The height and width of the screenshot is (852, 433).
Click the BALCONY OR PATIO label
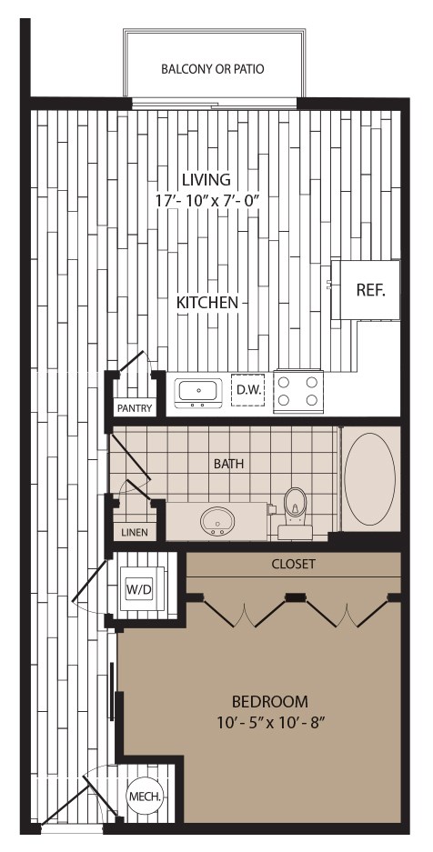[213, 68]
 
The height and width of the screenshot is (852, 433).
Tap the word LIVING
[205, 179]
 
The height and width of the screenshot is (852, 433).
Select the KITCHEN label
[208, 302]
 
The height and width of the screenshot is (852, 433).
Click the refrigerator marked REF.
[369, 290]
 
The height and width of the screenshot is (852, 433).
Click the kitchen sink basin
[197, 391]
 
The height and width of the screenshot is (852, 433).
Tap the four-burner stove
[299, 391]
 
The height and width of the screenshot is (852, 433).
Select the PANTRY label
[134, 408]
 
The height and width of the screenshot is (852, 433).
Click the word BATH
[228, 464]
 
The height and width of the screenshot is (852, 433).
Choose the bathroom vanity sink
[218, 523]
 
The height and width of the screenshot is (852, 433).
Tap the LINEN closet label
[133, 532]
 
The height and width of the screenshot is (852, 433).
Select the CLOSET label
[294, 564]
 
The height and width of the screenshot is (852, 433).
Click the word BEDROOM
[269, 701]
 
